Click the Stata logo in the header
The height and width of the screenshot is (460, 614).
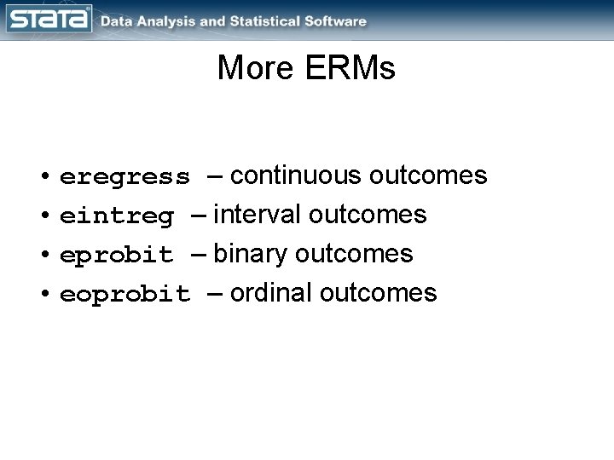[x=48, y=20]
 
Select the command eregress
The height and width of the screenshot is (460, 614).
[x=125, y=177]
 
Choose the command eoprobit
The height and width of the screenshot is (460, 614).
[x=125, y=295]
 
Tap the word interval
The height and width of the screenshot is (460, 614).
[x=260, y=215]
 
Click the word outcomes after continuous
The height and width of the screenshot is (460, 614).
[x=428, y=175]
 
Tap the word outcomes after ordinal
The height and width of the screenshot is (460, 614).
[x=378, y=293]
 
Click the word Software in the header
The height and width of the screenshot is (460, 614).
[x=337, y=21]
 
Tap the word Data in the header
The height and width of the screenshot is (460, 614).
[x=116, y=21]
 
